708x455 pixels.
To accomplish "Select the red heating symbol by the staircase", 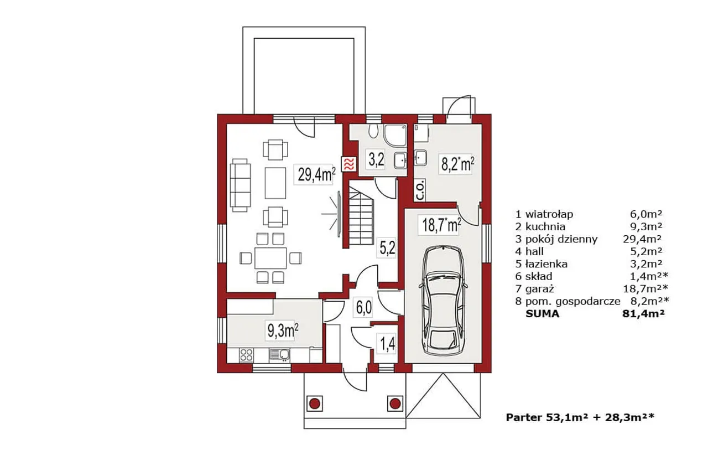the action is (x=348, y=164).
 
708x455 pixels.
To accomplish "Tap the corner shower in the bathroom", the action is (x=395, y=135).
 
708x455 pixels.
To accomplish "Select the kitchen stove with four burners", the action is (x=247, y=355).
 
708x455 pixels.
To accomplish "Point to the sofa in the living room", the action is (x=241, y=185).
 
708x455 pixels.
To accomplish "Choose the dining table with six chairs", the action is (x=270, y=258).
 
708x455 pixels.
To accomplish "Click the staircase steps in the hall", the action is (x=361, y=215).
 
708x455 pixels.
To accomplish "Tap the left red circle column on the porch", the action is (x=314, y=404).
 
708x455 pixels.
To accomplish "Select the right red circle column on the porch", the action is (x=395, y=404).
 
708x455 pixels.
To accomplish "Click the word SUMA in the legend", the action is (x=542, y=314).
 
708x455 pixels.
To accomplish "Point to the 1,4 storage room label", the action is (x=387, y=345).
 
